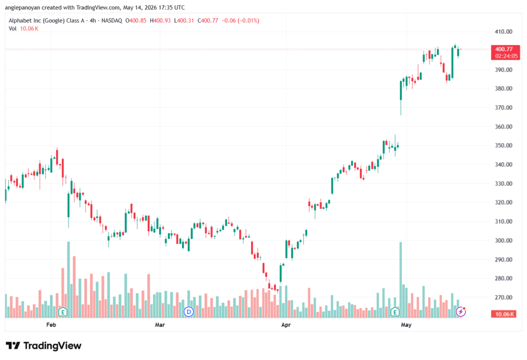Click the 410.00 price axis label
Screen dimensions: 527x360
pyautogui.click(x=503, y=31)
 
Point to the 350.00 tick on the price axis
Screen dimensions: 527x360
pyautogui.click(x=503, y=146)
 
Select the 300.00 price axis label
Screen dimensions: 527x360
pyautogui.click(x=503, y=241)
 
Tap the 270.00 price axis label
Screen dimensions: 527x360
pyautogui.click(x=503, y=297)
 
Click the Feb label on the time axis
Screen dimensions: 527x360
pyautogui.click(x=51, y=324)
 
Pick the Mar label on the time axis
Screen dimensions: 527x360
pyautogui.click(x=160, y=324)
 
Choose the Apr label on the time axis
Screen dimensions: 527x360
pyautogui.click(x=286, y=324)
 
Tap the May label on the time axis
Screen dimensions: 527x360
pyautogui.click(x=406, y=324)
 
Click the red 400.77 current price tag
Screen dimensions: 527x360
pyautogui.click(x=505, y=53)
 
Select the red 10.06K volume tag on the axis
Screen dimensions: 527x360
pyautogui.click(x=503, y=314)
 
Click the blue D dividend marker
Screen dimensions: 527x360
pyautogui.click(x=189, y=312)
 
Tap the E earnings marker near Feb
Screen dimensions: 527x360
pyautogui.click(x=63, y=312)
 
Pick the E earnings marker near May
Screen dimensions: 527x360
pyautogui.click(x=395, y=312)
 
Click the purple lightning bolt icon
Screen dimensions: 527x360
pyautogui.click(x=461, y=312)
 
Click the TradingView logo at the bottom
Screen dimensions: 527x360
pyautogui.click(x=44, y=346)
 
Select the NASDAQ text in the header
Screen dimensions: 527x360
pyautogui.click(x=112, y=21)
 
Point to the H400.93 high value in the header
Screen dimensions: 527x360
pyautogui.click(x=161, y=21)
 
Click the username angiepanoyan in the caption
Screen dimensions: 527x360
pyautogui.click(x=23, y=7)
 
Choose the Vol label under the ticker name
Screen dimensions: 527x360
pyautogui.click(x=12, y=29)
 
